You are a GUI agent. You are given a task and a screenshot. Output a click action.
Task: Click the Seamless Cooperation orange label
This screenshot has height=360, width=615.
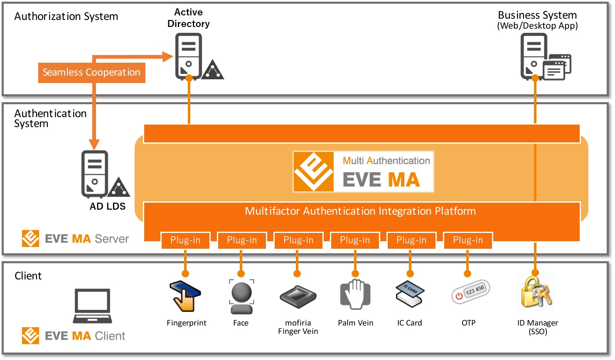click(92, 73)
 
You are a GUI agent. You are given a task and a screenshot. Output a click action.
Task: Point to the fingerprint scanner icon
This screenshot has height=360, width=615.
click(185, 296)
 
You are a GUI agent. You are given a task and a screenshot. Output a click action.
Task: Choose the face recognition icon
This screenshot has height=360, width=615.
click(241, 296)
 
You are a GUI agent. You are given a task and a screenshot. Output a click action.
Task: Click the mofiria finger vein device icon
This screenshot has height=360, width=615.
click(298, 296)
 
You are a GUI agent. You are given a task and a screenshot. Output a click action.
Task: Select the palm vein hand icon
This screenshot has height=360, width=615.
click(355, 294)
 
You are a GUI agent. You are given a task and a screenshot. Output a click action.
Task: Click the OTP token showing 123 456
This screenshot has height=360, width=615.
click(470, 291)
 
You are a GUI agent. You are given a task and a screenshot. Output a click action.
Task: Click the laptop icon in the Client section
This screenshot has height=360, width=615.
click(93, 306)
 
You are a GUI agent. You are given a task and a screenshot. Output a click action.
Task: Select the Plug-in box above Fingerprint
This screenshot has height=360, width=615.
click(185, 240)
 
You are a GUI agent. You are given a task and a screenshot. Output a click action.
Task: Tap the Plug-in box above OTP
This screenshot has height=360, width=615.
click(468, 240)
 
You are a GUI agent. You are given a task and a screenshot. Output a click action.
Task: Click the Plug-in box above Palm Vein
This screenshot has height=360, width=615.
click(355, 240)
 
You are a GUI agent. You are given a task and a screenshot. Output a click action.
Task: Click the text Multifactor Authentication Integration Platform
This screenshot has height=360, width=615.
click(360, 211)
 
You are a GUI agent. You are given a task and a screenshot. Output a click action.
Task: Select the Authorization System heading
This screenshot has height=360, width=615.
click(66, 17)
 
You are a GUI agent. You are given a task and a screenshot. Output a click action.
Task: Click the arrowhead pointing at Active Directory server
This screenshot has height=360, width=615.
click(168, 57)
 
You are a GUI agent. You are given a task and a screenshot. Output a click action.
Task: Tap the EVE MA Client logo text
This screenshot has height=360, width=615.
click(85, 336)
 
